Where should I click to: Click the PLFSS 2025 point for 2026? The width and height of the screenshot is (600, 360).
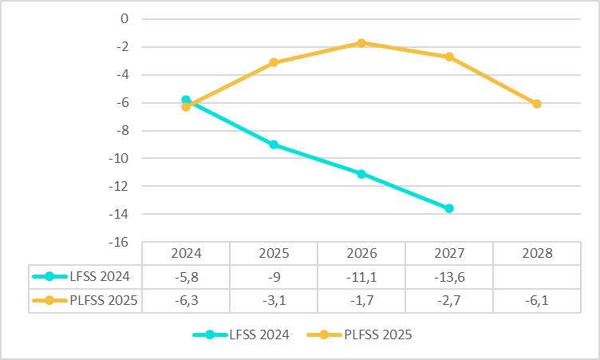[361, 43]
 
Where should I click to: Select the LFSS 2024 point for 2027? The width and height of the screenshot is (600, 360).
[449, 208]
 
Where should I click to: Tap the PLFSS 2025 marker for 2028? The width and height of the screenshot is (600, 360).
[537, 104]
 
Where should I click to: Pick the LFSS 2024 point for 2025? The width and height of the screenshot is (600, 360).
[274, 144]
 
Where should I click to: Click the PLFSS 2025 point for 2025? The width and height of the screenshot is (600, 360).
[274, 62]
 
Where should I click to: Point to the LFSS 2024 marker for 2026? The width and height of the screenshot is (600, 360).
[361, 173]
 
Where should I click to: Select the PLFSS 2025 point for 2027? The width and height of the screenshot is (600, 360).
[449, 57]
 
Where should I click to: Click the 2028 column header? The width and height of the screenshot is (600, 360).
[537, 254]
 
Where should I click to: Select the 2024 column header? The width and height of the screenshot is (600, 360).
[186, 254]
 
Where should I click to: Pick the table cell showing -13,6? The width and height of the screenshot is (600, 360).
[449, 277]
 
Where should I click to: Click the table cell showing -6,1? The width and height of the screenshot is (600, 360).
[537, 300]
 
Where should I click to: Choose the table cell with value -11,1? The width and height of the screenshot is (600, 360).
[361, 277]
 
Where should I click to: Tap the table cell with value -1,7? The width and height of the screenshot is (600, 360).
[361, 300]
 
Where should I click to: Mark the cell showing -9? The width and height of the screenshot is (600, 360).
[274, 277]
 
